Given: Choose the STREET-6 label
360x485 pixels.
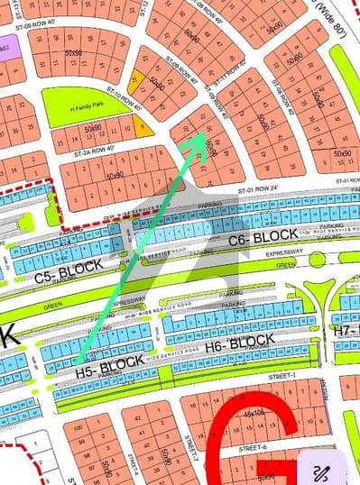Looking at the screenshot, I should coord(247,447).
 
